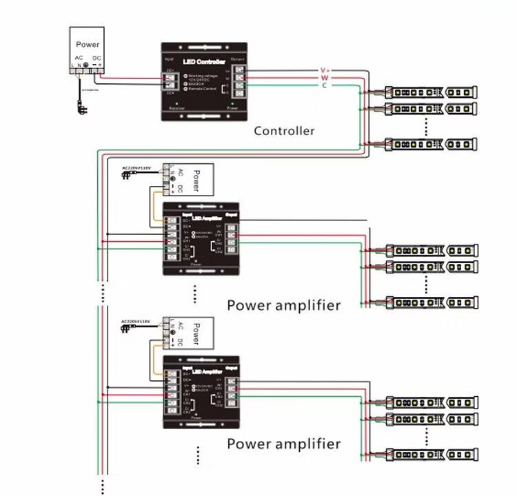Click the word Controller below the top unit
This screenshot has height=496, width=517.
pyautogui.click(x=284, y=131)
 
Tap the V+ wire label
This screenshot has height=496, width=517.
pyautogui.click(x=325, y=70)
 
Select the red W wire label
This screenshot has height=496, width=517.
pyautogui.click(x=325, y=78)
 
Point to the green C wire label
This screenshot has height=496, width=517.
pyautogui.click(x=325, y=85)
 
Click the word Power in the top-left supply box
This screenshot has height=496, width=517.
pyautogui.click(x=88, y=44)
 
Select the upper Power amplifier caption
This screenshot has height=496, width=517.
pyautogui.click(x=283, y=305)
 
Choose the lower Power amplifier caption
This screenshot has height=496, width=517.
pyautogui.click(x=283, y=444)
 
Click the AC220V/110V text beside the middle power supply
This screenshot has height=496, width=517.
pyautogui.click(x=136, y=167)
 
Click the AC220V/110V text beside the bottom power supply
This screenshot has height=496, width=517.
pyautogui.click(x=136, y=321)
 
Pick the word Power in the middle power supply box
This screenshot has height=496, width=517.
pyautogui.click(x=196, y=180)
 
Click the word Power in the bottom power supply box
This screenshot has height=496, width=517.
pyautogui.click(x=196, y=334)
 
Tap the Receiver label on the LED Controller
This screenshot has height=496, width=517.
pyautogui.click(x=177, y=108)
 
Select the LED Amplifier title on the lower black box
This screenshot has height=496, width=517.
pyautogui.click(x=207, y=373)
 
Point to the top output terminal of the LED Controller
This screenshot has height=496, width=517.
pyautogui.click(x=239, y=69)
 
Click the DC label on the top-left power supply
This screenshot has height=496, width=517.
pyautogui.click(x=97, y=58)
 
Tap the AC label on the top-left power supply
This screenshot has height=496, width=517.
pyautogui.click(x=79, y=58)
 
